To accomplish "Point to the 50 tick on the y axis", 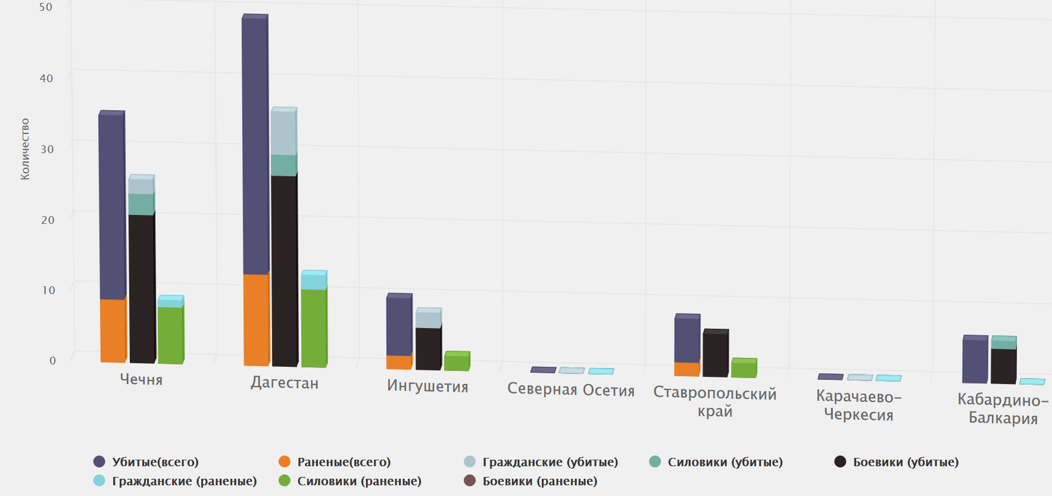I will point(46,7).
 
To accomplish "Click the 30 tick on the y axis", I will point(47,149).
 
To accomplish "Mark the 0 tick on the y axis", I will point(52,360).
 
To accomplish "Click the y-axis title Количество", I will point(25,149).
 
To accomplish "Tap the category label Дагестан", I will point(285,383).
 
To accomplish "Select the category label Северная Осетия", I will point(570,390).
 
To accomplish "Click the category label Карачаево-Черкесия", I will point(859,405).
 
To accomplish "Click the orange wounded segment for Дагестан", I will point(256,320).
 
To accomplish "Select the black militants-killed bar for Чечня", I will point(142,288).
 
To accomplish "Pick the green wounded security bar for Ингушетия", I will point(457,362).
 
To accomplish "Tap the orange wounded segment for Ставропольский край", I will point(686,369).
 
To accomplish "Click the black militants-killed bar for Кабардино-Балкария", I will point(1003,366).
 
